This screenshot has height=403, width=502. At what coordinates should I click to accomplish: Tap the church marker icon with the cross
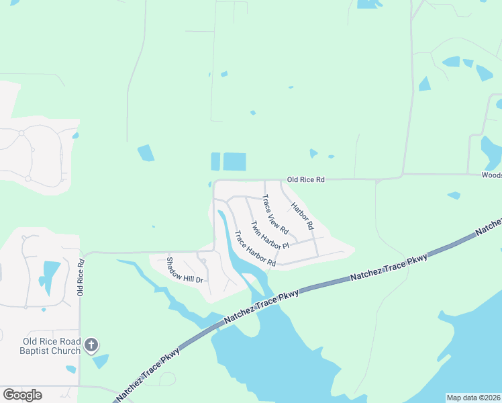point(91,346)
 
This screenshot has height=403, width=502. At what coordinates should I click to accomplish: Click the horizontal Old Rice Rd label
point(305,180)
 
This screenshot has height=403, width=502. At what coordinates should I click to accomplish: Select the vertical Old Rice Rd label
point(81,277)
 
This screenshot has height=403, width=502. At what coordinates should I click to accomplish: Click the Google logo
point(22,395)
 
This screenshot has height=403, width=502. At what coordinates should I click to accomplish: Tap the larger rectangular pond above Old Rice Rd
point(234,162)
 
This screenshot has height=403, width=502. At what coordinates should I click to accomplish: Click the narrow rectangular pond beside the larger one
point(215,162)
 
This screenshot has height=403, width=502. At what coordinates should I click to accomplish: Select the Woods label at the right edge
point(491,175)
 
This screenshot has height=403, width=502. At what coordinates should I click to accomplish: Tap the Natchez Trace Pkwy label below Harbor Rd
point(389,268)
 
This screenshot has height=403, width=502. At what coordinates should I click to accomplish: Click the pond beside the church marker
point(101,361)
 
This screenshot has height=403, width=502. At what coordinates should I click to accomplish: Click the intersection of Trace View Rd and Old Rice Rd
point(264,180)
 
